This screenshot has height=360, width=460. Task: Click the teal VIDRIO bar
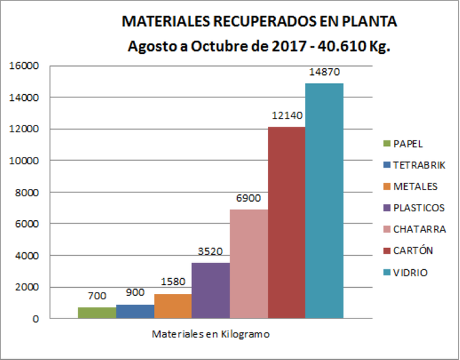click(324, 200)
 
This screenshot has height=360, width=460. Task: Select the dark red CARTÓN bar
click(286, 222)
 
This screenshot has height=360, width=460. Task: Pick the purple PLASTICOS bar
click(211, 290)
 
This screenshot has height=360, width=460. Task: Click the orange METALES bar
click(173, 306)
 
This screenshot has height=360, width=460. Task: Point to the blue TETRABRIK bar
click(135, 312)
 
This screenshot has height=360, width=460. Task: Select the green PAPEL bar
click(97, 313)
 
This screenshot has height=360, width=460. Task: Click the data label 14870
click(323, 72)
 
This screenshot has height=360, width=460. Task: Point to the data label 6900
click(248, 198)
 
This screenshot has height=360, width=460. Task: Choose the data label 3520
click(211, 251)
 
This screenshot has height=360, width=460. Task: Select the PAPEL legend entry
click(408, 144)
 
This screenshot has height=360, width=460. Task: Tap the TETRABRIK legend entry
click(418, 165)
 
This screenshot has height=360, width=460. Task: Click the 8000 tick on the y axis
click(28, 192)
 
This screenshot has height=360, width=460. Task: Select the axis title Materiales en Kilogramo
click(211, 335)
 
